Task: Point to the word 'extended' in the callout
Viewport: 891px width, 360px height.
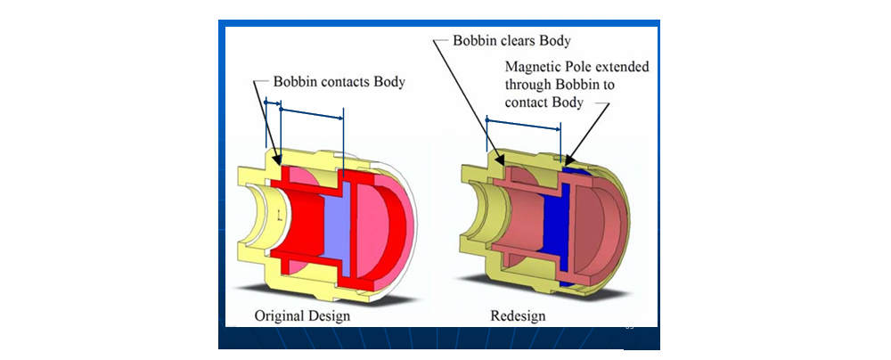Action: [x=622, y=68]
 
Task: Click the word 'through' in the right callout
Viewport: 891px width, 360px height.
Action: [x=529, y=85]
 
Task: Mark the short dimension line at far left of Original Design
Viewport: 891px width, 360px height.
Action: [x=273, y=104]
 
